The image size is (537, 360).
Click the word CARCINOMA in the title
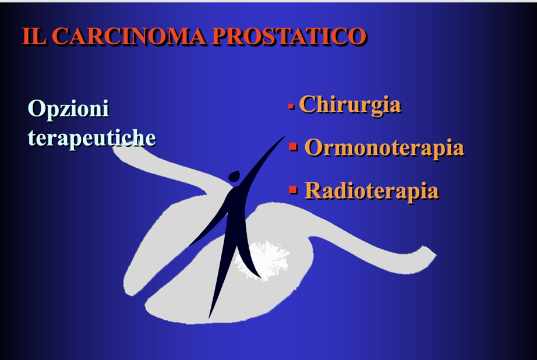click(x=129, y=36)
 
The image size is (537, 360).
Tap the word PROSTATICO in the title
click(x=289, y=36)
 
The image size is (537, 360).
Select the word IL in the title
click(x=34, y=36)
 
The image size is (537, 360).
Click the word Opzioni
click(x=69, y=109)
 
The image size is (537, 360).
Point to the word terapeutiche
click(x=92, y=137)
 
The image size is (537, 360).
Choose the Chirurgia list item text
click(x=349, y=105)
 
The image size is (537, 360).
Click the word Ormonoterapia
click(x=384, y=147)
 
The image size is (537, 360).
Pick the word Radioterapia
click(x=372, y=190)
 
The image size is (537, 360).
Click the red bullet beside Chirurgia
click(x=291, y=107)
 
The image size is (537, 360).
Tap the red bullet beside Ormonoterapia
click(x=293, y=147)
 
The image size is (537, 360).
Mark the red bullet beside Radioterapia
click(x=293, y=189)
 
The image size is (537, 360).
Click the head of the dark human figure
click(x=234, y=176)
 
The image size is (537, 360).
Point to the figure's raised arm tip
click(x=285, y=136)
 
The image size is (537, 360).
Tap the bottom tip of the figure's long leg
click(x=209, y=317)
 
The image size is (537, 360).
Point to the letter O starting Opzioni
click(x=36, y=108)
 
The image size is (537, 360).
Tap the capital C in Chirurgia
click(x=308, y=104)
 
